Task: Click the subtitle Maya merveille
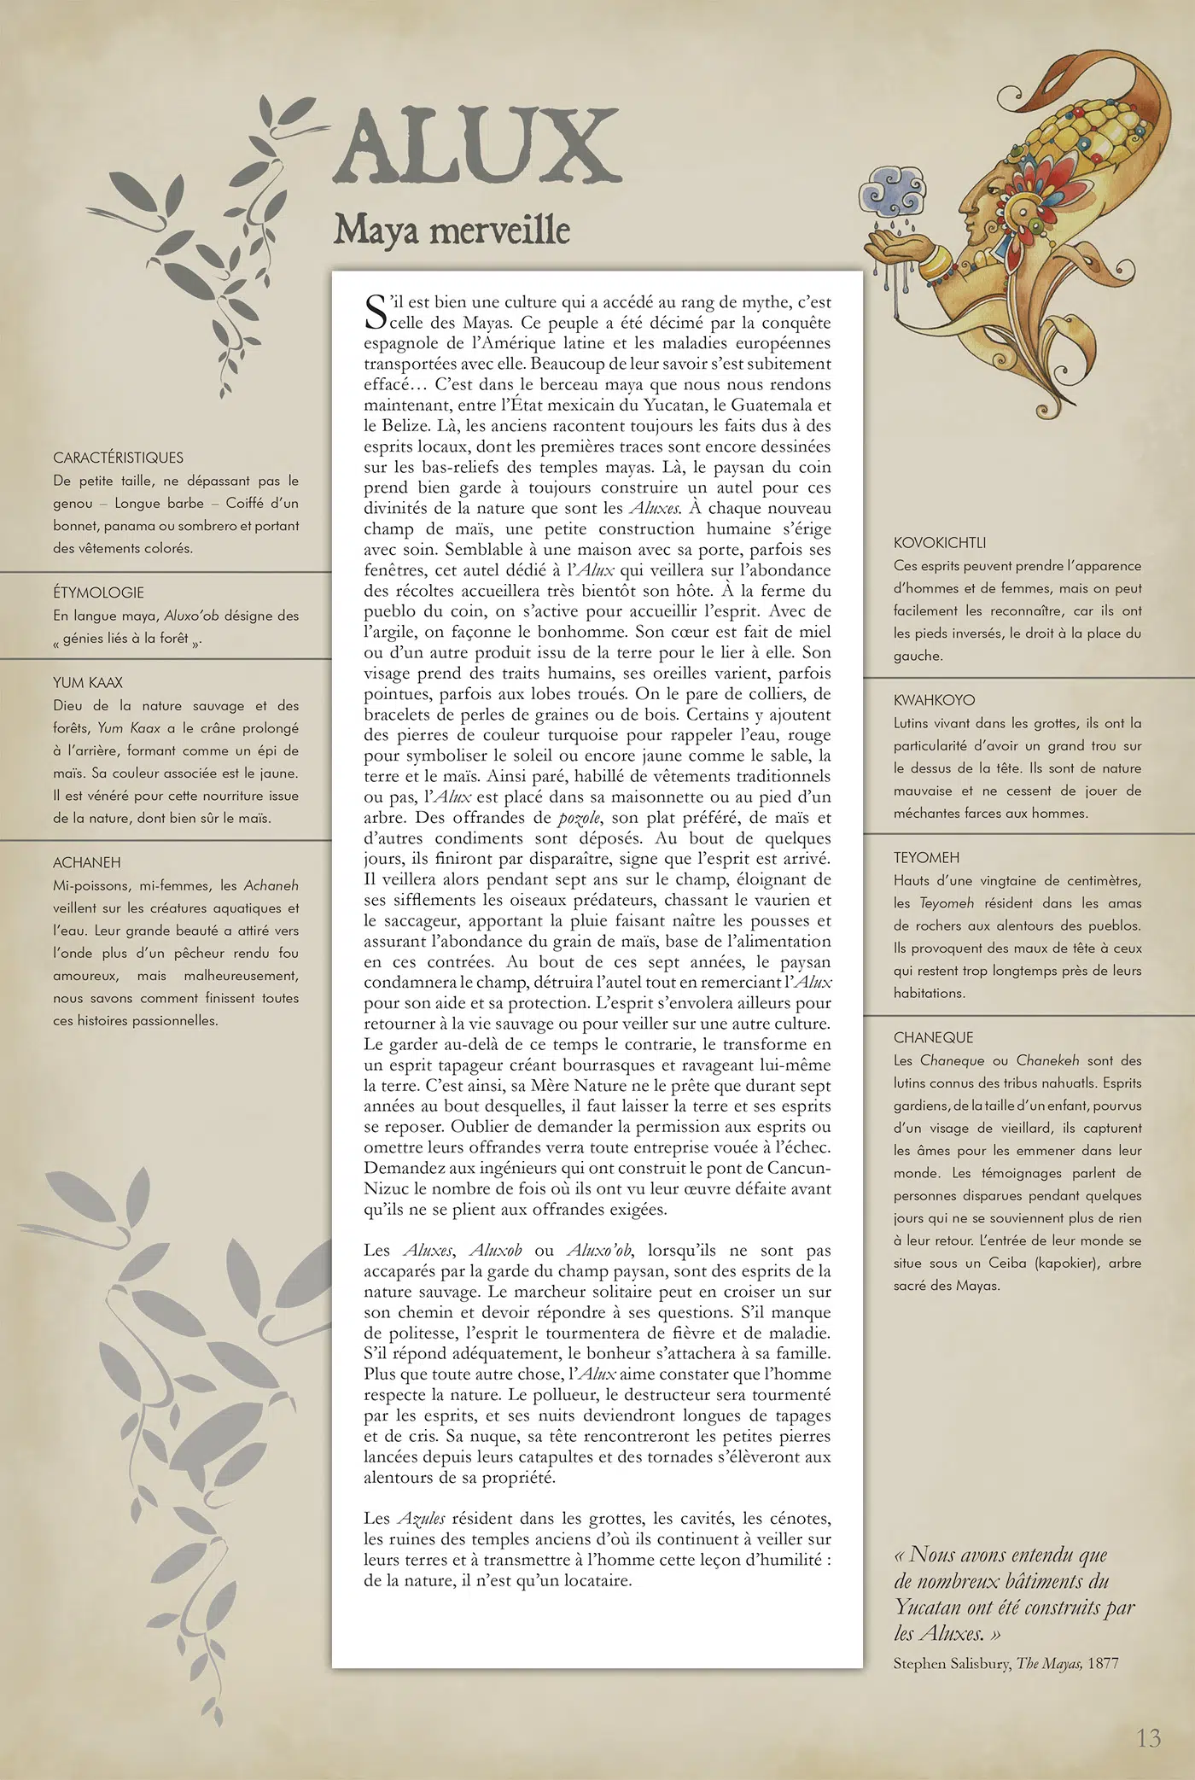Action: click(x=452, y=230)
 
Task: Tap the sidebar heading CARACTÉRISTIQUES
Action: click(x=118, y=458)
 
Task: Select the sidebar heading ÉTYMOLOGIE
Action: click(x=98, y=592)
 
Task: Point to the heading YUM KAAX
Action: click(x=88, y=683)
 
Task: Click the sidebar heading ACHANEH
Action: click(x=87, y=862)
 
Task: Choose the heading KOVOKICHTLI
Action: click(x=940, y=543)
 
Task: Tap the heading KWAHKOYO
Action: click(x=934, y=700)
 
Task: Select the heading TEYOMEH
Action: click(x=926, y=857)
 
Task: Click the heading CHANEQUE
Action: click(x=933, y=1037)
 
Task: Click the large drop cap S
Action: click(x=376, y=312)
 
